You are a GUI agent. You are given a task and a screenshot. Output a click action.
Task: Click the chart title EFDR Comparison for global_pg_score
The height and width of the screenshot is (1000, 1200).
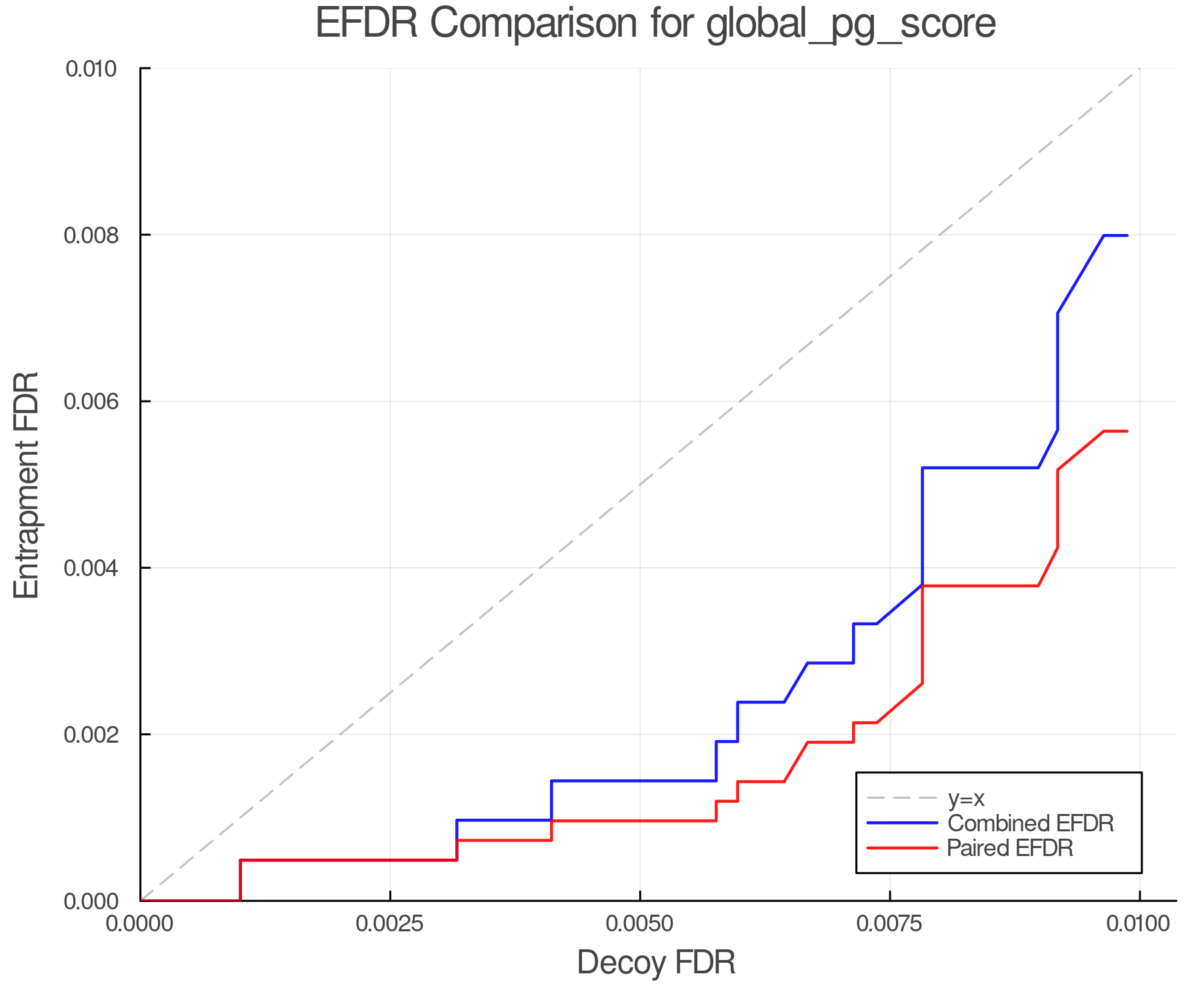(x=655, y=24)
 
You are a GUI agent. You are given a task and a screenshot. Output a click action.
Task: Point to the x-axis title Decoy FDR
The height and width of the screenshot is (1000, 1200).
(x=656, y=963)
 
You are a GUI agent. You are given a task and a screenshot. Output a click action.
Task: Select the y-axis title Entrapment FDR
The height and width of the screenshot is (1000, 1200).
(x=27, y=485)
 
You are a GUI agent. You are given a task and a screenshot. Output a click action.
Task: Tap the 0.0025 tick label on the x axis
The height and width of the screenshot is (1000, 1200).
(x=390, y=924)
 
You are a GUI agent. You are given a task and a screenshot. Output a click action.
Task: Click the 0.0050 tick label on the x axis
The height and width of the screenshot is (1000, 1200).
(x=640, y=924)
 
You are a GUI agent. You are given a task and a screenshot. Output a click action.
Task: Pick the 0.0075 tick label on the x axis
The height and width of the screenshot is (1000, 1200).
(x=890, y=924)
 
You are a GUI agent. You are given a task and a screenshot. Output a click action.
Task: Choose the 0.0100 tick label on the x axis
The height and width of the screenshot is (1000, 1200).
(x=1139, y=924)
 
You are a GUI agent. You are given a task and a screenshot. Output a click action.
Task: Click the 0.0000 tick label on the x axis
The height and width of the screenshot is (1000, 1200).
(x=140, y=924)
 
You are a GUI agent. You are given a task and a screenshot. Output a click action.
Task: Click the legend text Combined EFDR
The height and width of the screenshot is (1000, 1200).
(x=1030, y=823)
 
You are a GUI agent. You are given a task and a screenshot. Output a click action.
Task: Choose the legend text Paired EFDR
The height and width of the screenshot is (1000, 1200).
(x=1010, y=848)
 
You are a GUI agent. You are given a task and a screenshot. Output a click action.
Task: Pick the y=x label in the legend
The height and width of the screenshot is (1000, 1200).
(x=966, y=798)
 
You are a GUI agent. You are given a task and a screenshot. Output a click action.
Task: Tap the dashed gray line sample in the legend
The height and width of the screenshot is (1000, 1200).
(x=901, y=798)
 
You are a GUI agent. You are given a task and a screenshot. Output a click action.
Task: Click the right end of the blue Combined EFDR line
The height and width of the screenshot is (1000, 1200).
(x=1127, y=235)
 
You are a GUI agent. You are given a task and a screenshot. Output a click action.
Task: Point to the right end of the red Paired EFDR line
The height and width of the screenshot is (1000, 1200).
(x=1127, y=431)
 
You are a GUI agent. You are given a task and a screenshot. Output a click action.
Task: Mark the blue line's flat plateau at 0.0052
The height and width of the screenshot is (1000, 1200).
(x=980, y=468)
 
